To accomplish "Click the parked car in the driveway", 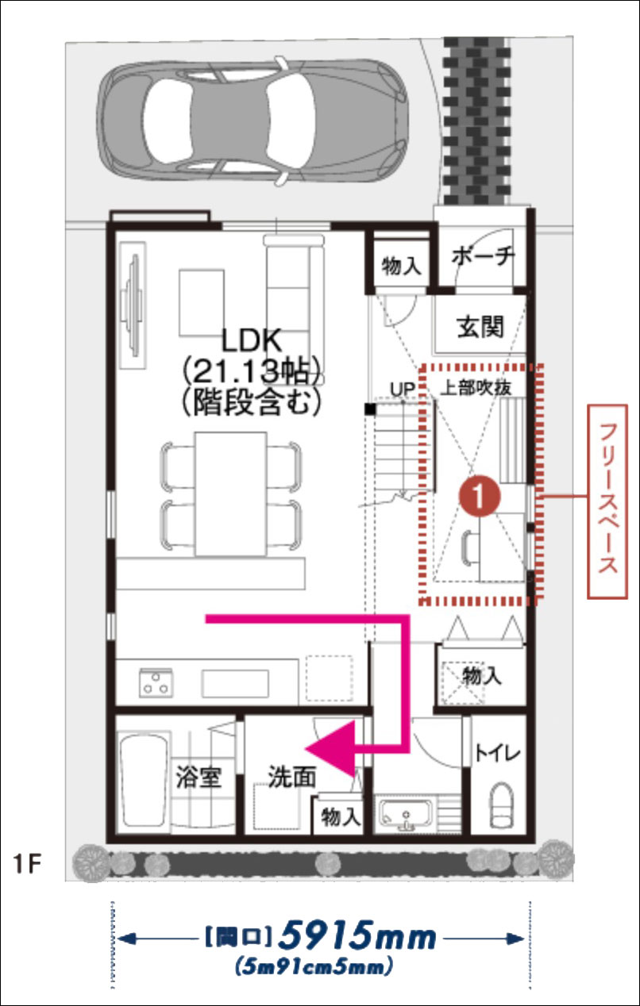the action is [253, 121].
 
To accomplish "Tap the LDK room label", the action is [252, 341].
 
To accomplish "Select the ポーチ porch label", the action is [483, 257].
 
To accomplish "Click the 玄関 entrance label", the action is [480, 327].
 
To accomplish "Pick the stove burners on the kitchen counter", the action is [156, 682].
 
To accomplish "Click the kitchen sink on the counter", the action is [235, 683].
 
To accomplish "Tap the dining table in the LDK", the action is [230, 494].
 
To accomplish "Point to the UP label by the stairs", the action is [402, 389].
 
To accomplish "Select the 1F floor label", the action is [28, 865].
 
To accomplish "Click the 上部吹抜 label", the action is [476, 388].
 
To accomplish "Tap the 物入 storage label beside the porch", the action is [401, 266].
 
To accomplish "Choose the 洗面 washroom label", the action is [292, 776].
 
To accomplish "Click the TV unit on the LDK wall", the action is [133, 305].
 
